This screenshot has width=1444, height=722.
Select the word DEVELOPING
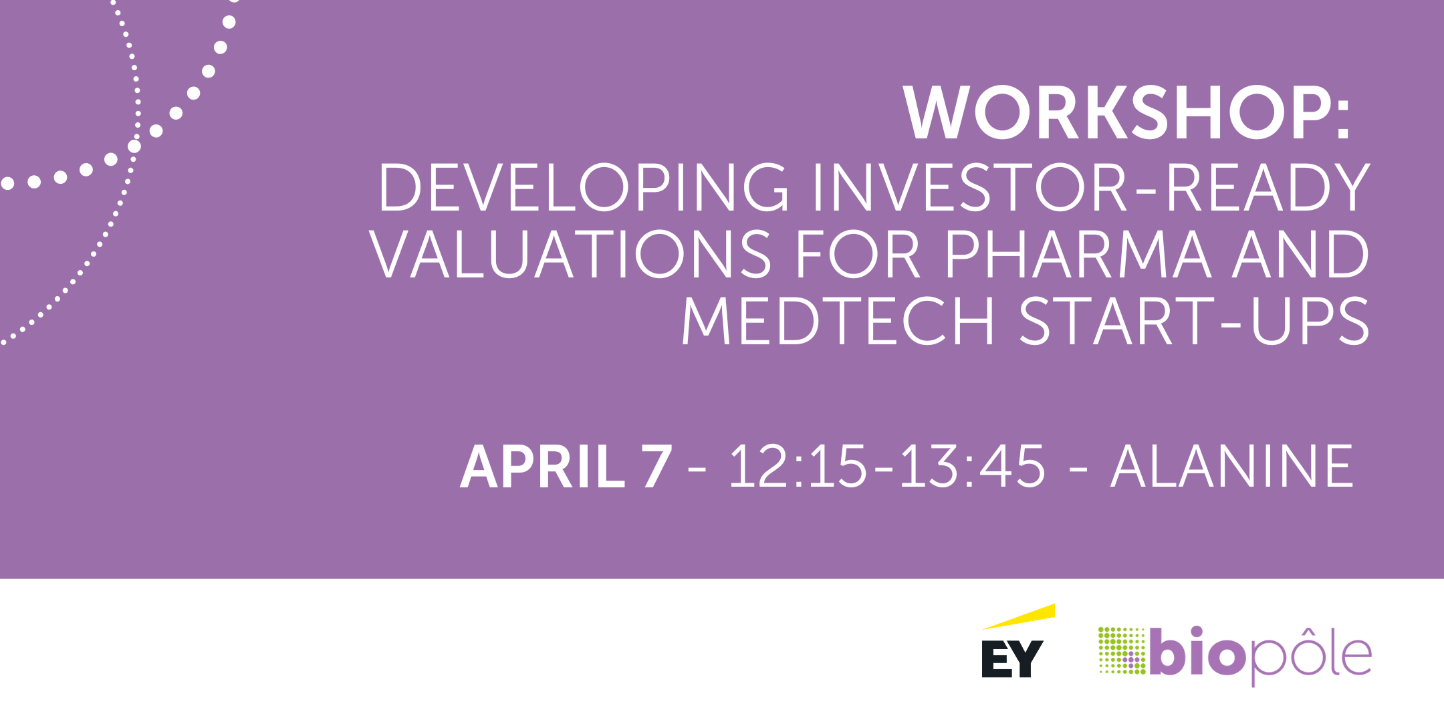[584, 187]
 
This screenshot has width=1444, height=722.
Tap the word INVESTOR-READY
[1091, 187]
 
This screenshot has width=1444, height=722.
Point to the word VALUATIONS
[570, 254]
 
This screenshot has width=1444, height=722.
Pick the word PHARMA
[1078, 254]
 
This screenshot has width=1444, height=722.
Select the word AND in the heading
[1300, 254]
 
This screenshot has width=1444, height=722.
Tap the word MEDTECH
[838, 321]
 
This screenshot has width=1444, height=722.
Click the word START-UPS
[1194, 321]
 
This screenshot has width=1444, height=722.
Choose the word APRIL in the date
[542, 466]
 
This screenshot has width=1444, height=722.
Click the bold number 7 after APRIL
[656, 466]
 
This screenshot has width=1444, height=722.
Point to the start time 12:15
[798, 466]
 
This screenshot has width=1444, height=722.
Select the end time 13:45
[971, 466]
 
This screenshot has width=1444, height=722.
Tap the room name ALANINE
[1232, 466]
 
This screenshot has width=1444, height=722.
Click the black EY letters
[1012, 659]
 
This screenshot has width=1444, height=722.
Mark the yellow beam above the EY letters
[1019, 616]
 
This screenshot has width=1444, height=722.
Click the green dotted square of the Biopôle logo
[1122, 650]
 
